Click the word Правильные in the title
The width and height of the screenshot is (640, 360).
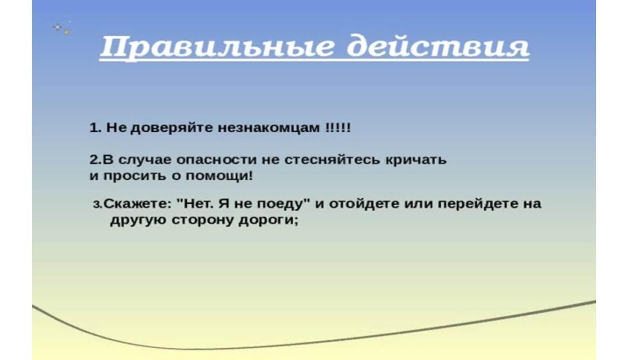pyautogui.click(x=217, y=47)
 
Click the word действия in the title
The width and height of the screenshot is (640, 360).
pyautogui.click(x=438, y=46)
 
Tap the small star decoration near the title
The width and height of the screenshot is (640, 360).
pyautogui.click(x=62, y=29)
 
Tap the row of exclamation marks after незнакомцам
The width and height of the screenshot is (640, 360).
pyautogui.click(x=338, y=127)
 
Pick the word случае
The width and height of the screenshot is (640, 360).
pyautogui.click(x=143, y=161)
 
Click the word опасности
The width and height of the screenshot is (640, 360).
pyautogui.click(x=217, y=161)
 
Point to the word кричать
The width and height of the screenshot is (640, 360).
pyautogui.click(x=415, y=160)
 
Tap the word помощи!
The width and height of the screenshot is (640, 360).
pyautogui.click(x=219, y=175)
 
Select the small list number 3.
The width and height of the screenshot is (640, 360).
pyautogui.click(x=97, y=205)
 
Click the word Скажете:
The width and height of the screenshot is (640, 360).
pyautogui.click(x=137, y=204)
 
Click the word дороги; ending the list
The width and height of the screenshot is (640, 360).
pyautogui.click(x=268, y=221)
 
